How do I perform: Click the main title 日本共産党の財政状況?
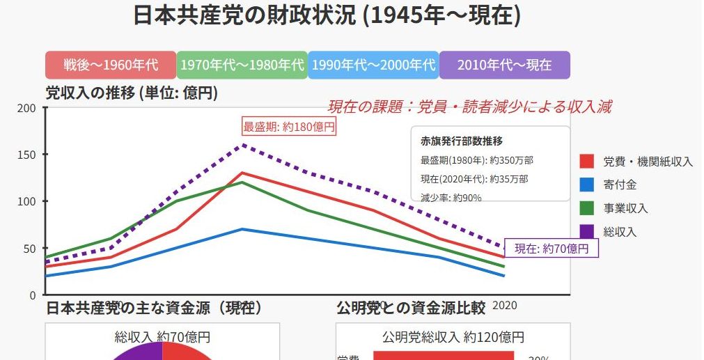point(327,15)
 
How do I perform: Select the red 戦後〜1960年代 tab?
point(111,65)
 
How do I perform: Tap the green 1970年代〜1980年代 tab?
point(242,65)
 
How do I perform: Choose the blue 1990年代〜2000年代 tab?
point(373,65)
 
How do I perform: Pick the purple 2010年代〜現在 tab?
point(504,65)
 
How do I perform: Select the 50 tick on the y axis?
point(30,248)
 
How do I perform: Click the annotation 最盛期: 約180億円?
point(289,127)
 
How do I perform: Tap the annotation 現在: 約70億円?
point(552,249)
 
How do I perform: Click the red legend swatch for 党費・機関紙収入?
point(586,162)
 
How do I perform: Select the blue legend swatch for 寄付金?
point(586,185)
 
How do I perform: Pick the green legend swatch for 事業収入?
point(586,208)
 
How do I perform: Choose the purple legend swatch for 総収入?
point(586,231)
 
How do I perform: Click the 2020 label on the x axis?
point(505,305)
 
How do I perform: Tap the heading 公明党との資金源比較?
point(410,307)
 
